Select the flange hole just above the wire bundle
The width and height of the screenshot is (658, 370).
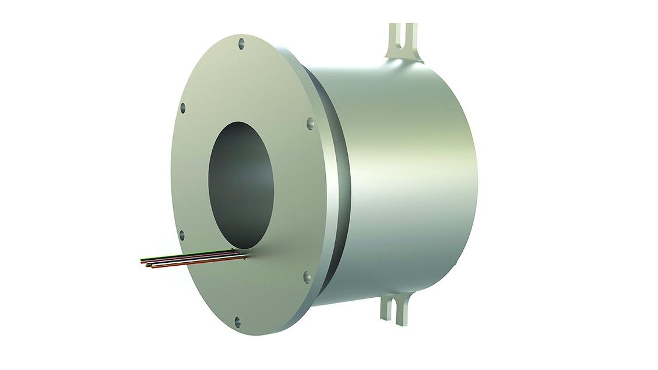[x=181, y=235]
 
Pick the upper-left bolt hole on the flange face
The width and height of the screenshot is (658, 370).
[x=182, y=107]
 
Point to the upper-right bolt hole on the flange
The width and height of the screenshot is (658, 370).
[x=309, y=122]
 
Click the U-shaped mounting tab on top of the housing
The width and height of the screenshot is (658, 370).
[x=404, y=43]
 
